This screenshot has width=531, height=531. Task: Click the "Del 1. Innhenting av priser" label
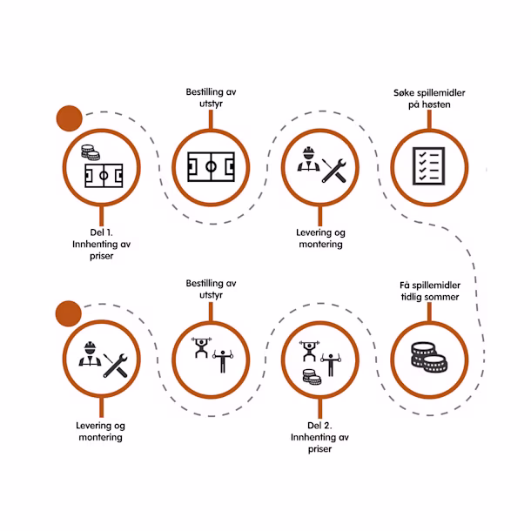pos(101,244)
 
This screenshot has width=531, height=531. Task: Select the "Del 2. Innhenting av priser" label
pos(319,437)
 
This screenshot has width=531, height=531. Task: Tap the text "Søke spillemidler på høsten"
pos(429,98)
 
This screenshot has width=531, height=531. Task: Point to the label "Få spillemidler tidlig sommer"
pos(430,291)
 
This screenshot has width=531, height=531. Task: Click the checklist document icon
pos(429,166)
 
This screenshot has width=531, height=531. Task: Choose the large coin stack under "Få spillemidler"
pos(429,357)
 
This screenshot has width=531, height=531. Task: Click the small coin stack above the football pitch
pos(91,152)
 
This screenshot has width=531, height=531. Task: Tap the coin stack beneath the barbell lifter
pos(312,377)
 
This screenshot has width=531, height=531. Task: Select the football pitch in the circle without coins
pos(211,166)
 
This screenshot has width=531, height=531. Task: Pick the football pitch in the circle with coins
pos(104,176)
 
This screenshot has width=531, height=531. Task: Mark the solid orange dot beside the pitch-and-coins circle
pos(69,118)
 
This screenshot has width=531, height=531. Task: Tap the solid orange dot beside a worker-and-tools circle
pos(69,313)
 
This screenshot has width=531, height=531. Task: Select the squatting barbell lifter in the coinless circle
pos(201,347)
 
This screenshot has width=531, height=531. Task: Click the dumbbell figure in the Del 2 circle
pos(331,365)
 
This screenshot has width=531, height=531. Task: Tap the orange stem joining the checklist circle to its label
pos(429,119)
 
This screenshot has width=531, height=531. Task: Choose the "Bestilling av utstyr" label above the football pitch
pos(211,97)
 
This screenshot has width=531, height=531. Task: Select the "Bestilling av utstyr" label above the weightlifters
pos(211,289)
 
